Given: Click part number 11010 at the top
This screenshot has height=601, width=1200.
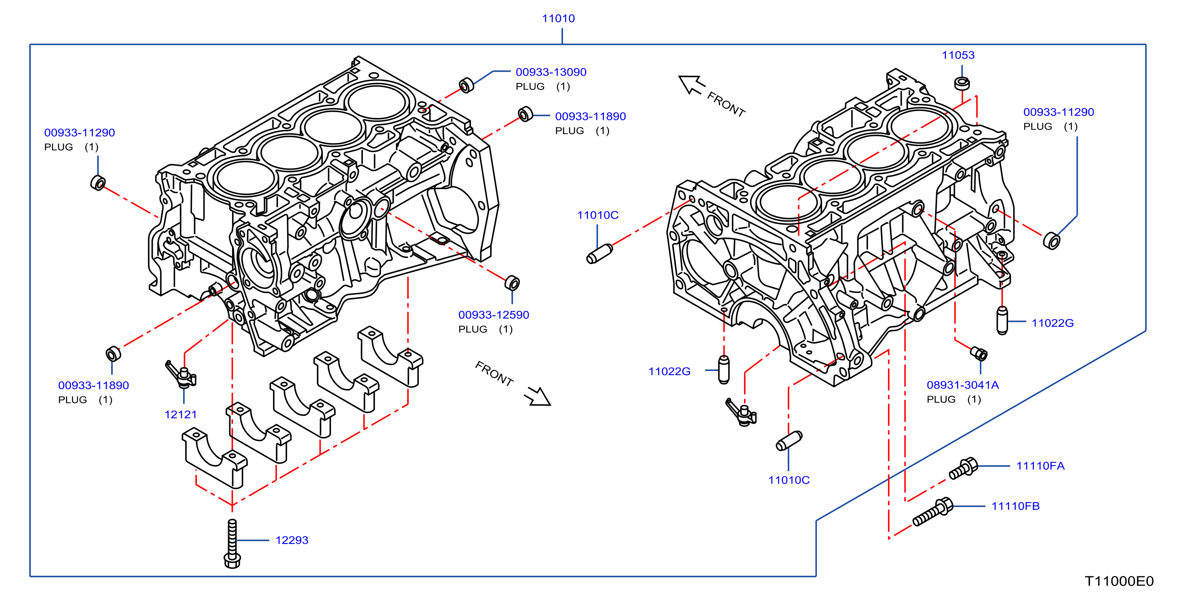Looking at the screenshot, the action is [x=558, y=19].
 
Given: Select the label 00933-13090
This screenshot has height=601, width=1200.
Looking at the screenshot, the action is [x=551, y=72].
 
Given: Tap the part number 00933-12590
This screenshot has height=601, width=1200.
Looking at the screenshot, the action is [x=493, y=315].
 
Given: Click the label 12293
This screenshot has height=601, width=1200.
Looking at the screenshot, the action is [x=292, y=540].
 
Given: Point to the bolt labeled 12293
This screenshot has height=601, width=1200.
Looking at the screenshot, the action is [x=232, y=543].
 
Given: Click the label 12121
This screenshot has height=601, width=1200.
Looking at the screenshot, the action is [x=181, y=415].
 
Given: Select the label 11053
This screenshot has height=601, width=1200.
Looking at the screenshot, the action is [x=958, y=55].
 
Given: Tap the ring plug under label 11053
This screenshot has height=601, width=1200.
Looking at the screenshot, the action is [x=962, y=83].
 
